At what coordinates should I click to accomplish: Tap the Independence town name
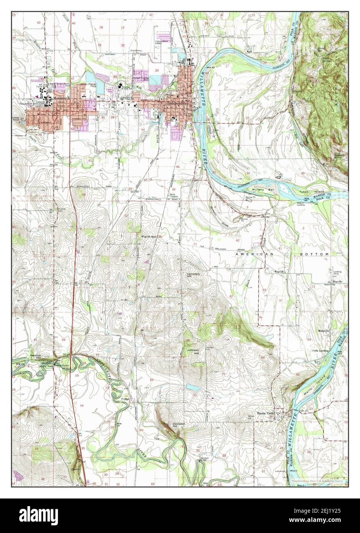(x=177, y=103)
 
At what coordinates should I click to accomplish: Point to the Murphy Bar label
(x=259, y=189)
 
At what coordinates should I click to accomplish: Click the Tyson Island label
(x=315, y=191)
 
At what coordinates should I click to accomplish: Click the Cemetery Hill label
(x=194, y=276)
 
